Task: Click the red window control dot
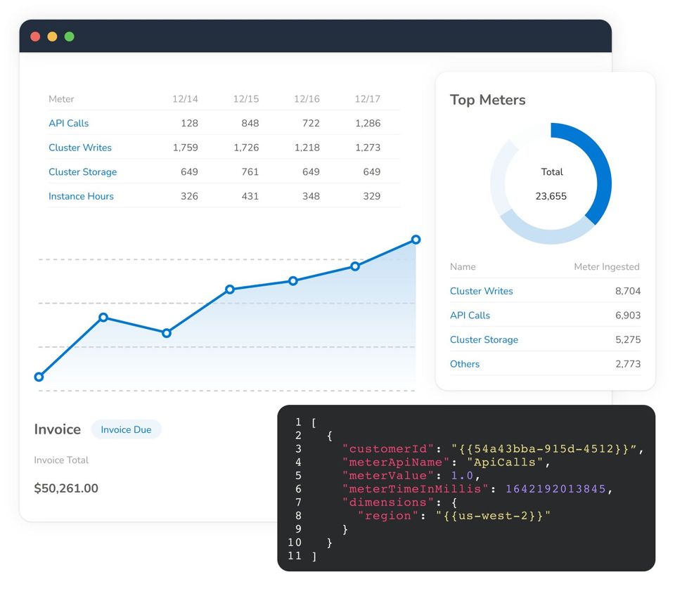point(35,37)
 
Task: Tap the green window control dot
point(70,37)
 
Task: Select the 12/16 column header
point(307,99)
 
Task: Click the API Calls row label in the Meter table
point(68,123)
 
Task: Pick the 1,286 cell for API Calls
point(368,123)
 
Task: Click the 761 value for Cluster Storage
point(250,171)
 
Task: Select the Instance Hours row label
point(81,196)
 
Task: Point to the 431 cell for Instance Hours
point(250,196)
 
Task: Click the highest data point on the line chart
point(416,240)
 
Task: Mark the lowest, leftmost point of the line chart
point(39,377)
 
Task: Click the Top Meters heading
point(488,100)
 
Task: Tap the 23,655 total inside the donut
point(551,196)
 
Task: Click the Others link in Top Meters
point(465,364)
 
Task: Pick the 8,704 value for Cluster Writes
point(628,291)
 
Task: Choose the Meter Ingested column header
point(607,266)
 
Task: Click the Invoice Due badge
point(126,429)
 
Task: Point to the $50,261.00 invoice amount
point(66,488)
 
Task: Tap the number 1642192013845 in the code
point(555,488)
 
